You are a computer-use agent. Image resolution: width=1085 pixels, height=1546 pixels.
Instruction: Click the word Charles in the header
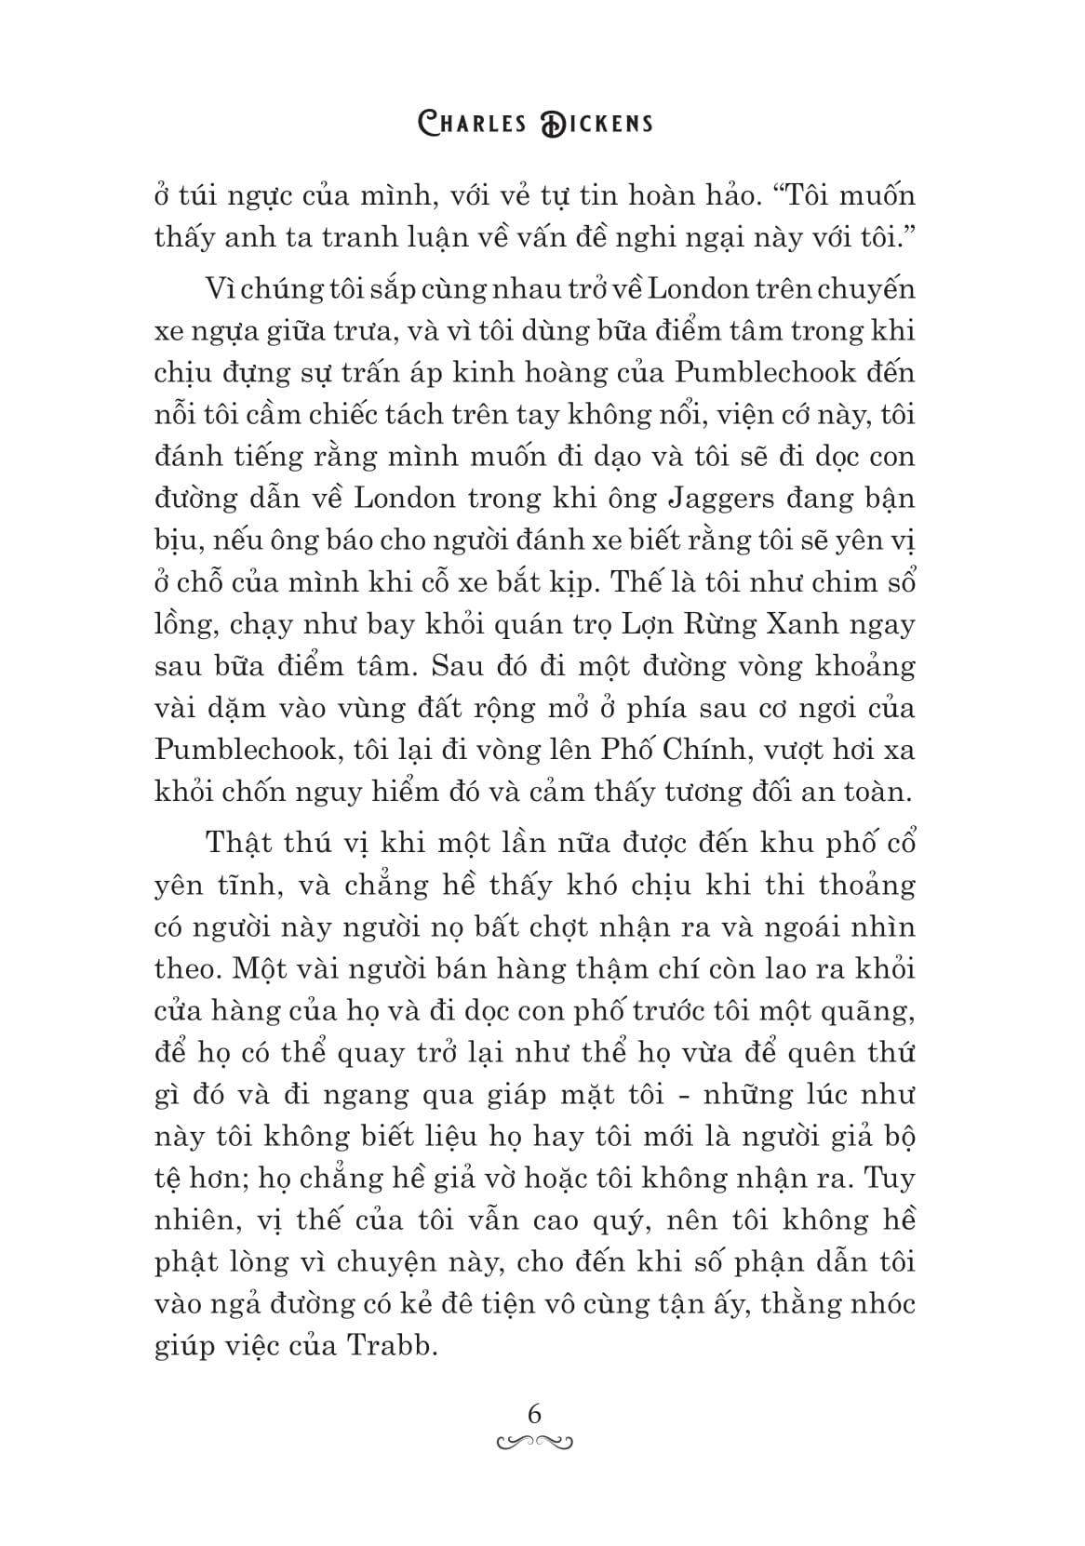click(x=470, y=123)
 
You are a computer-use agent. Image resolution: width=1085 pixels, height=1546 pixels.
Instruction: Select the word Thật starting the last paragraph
click(x=238, y=843)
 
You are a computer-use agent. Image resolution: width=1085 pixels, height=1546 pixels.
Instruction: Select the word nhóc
click(x=878, y=1303)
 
